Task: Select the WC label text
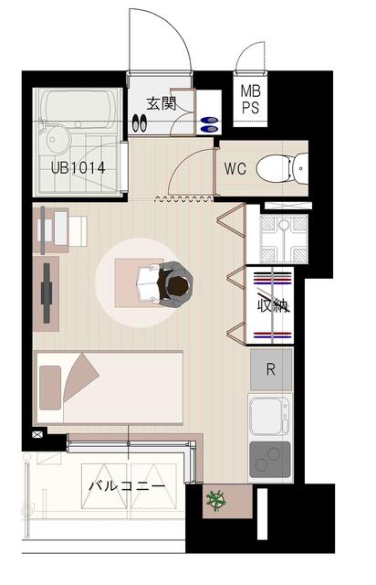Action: tap(235, 168)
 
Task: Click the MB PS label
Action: tap(249, 100)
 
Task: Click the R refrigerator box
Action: tap(271, 370)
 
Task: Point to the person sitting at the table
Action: tap(173, 282)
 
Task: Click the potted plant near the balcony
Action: tap(217, 500)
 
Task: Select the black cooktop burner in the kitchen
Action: tap(271, 457)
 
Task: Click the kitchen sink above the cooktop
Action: tap(269, 416)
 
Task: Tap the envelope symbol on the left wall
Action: tap(37, 435)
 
